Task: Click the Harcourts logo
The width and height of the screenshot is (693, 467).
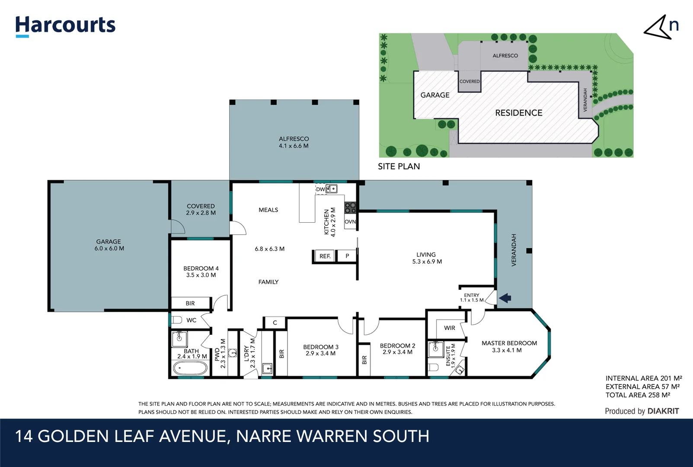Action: [65, 26]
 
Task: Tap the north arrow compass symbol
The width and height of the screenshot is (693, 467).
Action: [660, 27]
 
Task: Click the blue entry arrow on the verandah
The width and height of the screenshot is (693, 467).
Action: [505, 298]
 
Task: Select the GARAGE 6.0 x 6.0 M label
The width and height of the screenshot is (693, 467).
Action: [109, 245]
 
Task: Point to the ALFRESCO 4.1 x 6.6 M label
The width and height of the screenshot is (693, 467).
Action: [294, 142]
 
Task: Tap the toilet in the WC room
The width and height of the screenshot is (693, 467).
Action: [176, 320]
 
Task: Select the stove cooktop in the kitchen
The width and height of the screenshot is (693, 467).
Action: [350, 208]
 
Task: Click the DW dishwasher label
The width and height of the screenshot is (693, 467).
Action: [320, 189]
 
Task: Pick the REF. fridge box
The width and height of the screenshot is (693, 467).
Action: [325, 256]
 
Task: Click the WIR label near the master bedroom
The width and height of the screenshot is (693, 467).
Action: [449, 328]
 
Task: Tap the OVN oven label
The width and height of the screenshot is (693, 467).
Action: [350, 222]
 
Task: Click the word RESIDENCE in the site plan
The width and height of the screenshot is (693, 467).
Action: [518, 113]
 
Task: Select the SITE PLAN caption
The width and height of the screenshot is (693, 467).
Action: [399, 166]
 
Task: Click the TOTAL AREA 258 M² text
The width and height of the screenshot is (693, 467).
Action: [638, 395]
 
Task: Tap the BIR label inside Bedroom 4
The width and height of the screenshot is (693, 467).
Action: [190, 303]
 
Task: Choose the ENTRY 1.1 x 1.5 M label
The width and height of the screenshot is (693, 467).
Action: [472, 297]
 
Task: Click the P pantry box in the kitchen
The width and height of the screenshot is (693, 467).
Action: [347, 256]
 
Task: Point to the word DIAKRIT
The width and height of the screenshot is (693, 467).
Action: [663, 411]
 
